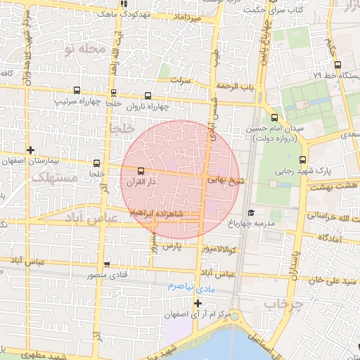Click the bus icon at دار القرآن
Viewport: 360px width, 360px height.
click(x=141, y=171)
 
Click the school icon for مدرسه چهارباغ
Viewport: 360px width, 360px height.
click(x=251, y=213)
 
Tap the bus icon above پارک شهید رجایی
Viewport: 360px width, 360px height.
click(x=302, y=160)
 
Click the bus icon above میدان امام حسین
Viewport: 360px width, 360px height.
click(x=274, y=118)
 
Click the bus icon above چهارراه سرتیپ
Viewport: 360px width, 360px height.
click(x=76, y=91)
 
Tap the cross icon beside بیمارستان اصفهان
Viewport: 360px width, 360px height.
click(x=30, y=150)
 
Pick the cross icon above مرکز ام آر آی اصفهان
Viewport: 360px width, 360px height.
click(x=198, y=303)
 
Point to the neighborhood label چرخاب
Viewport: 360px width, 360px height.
click(x=282, y=304)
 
